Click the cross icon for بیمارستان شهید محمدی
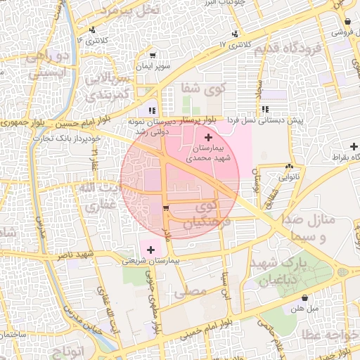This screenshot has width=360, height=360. pos(207,136)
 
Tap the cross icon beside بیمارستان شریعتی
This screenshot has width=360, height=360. pos(150,249)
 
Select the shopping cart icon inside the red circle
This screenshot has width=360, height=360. pos(166,207)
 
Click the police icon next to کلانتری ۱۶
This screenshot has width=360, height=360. pos(93,30)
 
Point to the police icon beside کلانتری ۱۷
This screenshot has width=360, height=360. pos(235,33)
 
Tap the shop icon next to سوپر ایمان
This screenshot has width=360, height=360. pos(153,54)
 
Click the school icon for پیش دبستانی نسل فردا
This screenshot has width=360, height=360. pos(265,109)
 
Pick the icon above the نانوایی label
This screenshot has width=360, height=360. pos(289,166)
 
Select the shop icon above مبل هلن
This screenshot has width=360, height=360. pos(304,297)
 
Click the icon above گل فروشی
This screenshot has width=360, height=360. pos(349,21)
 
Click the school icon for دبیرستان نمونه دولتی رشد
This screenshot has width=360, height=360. pos(152,110)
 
